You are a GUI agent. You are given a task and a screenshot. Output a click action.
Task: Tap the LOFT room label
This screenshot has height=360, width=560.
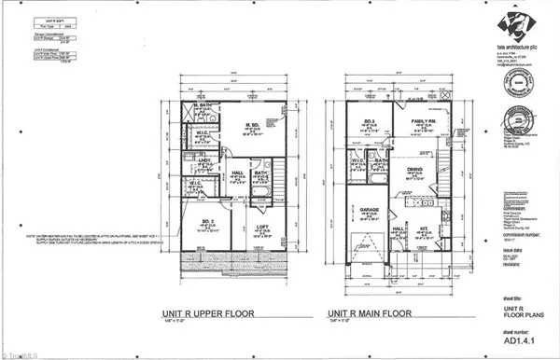[262, 228]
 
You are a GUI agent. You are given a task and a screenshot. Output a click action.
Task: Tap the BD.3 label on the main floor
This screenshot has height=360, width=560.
[367, 121]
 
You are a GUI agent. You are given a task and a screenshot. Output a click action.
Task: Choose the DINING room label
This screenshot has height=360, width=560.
[413, 169]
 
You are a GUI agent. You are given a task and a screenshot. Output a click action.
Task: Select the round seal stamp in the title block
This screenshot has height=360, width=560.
[512, 88]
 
